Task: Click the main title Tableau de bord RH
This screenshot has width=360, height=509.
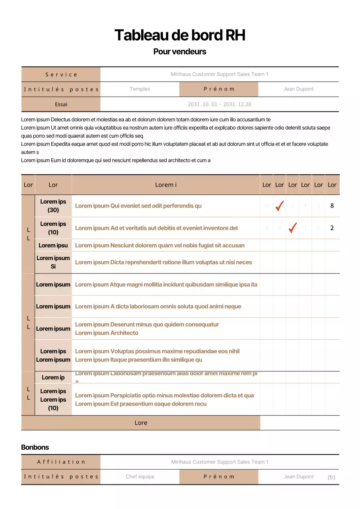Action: [x=180, y=35]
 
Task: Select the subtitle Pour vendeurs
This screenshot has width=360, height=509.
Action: [x=180, y=51]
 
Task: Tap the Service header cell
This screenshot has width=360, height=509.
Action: [x=61, y=74]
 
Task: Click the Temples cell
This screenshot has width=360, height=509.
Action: [x=140, y=89]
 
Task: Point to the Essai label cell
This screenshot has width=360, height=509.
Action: [x=61, y=104]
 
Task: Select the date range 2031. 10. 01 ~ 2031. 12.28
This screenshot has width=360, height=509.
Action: [x=219, y=104]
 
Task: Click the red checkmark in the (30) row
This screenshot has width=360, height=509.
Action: [x=280, y=206]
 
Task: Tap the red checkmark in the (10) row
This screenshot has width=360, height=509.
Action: [x=293, y=228]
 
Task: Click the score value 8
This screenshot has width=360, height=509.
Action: [x=332, y=206]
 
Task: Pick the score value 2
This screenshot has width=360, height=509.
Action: [x=332, y=228]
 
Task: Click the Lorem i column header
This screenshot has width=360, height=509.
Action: [x=166, y=185]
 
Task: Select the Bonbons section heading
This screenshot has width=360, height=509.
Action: [x=35, y=447]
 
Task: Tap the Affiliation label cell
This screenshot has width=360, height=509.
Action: [x=61, y=462]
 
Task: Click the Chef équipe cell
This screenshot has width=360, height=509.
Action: [x=140, y=476]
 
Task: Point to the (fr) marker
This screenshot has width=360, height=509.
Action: [x=331, y=477]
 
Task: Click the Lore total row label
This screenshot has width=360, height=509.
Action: [x=141, y=423]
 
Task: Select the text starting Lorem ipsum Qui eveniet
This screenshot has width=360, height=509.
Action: [x=138, y=206]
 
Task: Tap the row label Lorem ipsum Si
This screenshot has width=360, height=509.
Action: [x=53, y=262]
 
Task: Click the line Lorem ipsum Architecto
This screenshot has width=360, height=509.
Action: [x=107, y=333]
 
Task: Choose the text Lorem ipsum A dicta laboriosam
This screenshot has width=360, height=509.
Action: [x=158, y=306]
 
